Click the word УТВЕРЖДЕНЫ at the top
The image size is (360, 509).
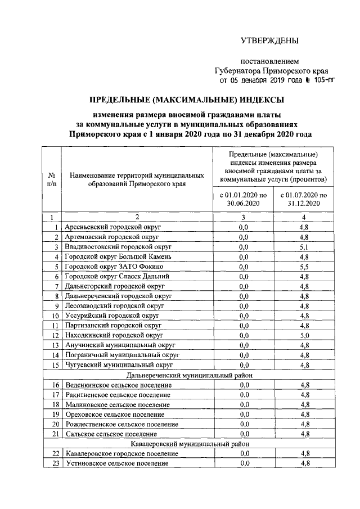tap(269, 40)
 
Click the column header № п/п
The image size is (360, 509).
tap(51, 179)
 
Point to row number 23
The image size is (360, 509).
tap(55, 463)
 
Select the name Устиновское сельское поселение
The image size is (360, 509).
tap(117, 463)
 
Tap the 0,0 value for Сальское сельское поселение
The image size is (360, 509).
tap(244, 434)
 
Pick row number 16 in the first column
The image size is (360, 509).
tap(55, 385)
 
